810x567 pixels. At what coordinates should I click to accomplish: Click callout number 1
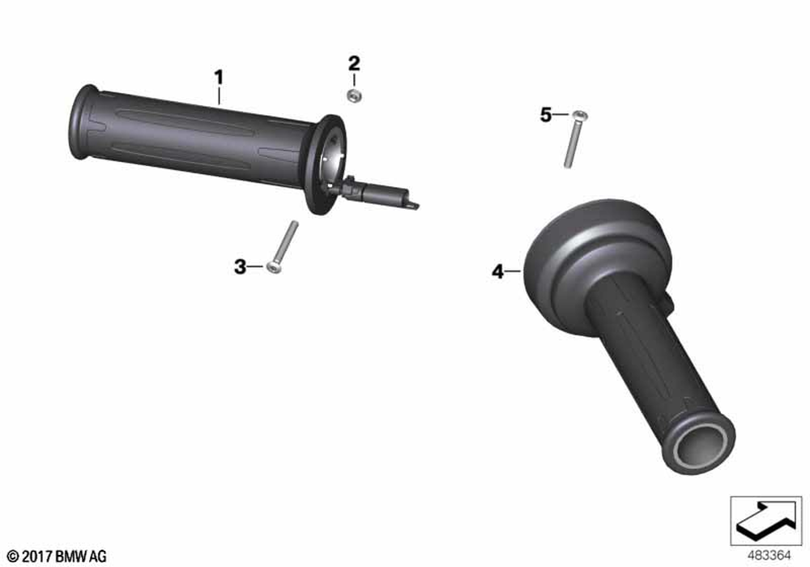pyautogui.click(x=219, y=78)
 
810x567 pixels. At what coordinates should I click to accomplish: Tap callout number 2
pyautogui.click(x=354, y=63)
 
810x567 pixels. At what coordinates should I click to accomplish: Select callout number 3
pyautogui.click(x=241, y=267)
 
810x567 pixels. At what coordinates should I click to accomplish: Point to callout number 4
pyautogui.click(x=497, y=271)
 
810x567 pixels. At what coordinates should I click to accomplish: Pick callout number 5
pyautogui.click(x=546, y=115)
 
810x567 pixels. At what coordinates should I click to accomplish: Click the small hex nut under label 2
pyautogui.click(x=354, y=95)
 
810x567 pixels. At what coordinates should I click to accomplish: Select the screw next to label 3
pyautogui.click(x=283, y=247)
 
